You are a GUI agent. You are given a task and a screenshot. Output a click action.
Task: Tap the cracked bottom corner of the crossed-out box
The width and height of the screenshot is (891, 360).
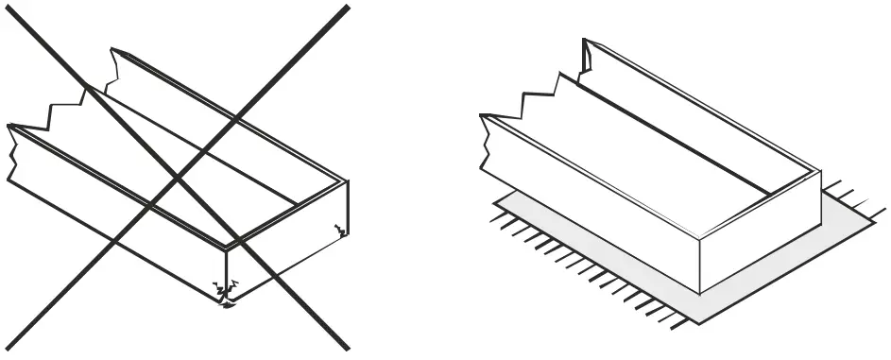click(x=226, y=301)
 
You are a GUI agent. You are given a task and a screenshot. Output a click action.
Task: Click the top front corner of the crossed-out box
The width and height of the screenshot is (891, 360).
click(x=226, y=249)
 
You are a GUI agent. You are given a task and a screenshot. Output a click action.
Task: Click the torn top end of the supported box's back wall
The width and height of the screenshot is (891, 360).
click(x=587, y=57)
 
